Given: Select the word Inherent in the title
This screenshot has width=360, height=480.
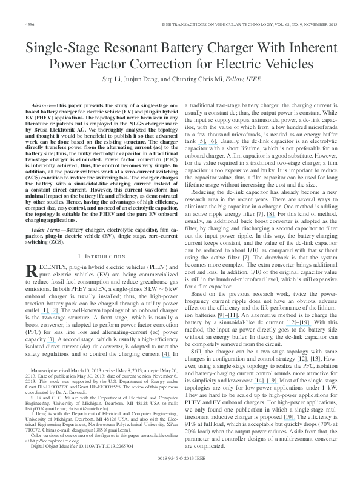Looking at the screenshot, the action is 307,47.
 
